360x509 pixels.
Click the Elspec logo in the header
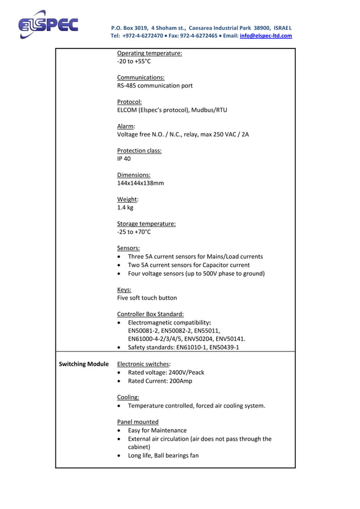pos(47,25)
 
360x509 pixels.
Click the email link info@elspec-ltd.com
pos(266,36)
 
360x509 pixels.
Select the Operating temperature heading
pos(149,53)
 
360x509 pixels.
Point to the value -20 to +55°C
pos(134,62)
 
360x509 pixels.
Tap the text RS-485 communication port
pos(155,86)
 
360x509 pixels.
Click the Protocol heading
pos(129,102)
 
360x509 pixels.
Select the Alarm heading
pos(126,126)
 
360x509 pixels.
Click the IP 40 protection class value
pos(124,159)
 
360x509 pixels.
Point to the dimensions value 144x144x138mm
pos(141,183)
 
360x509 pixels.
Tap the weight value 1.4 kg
pos(125,208)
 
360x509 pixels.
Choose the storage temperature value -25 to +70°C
pos(134,232)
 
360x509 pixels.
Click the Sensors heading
pos(128,248)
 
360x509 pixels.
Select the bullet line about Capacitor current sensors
pos(188,265)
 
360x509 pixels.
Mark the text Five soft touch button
pos(147,297)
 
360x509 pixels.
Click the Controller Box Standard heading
pos(150,314)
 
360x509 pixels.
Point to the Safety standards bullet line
pos(183,347)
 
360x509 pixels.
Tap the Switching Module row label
pos(84,364)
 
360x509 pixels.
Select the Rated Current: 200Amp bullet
pos(160,381)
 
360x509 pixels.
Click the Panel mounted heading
pos(138,422)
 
